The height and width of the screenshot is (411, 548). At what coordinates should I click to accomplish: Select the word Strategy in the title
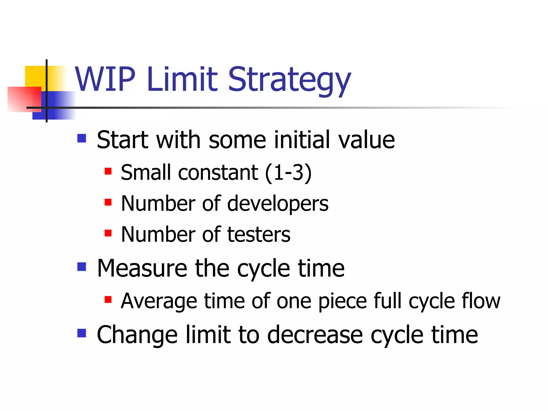point(289,80)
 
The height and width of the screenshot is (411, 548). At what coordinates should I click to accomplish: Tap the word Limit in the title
point(182,79)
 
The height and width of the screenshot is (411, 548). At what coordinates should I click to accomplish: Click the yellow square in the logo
point(35,76)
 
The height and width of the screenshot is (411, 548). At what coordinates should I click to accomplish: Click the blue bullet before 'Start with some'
point(82,138)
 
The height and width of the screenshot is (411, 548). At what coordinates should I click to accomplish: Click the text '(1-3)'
point(288,173)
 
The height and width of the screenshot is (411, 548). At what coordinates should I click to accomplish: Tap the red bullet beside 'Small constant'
point(108,171)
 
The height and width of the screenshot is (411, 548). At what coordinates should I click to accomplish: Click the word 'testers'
point(259,235)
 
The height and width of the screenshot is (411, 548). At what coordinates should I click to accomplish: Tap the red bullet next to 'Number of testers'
point(108,233)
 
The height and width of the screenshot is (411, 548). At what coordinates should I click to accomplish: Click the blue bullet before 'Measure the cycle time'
point(82,267)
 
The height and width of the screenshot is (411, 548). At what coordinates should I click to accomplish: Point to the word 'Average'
point(159,301)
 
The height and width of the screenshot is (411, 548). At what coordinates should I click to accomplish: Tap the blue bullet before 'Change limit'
point(82,333)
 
